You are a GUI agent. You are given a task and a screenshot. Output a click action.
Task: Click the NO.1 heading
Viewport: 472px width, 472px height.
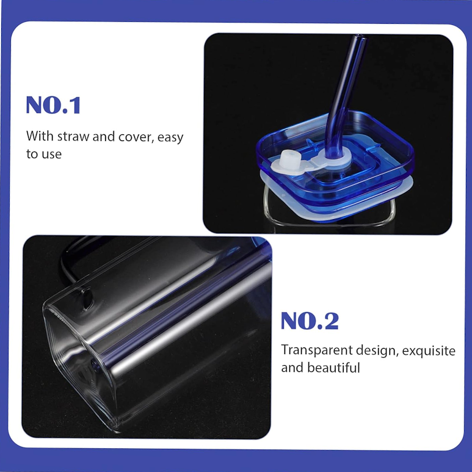[x=53, y=105]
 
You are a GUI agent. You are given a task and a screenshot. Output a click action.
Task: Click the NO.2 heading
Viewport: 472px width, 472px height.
[x=310, y=321]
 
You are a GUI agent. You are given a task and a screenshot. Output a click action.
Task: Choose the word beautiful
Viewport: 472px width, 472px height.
[x=333, y=368]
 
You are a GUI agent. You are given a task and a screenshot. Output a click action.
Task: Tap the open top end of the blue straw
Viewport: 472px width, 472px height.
[x=360, y=37]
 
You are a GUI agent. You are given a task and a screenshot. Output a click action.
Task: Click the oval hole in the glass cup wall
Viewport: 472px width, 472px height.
[x=87, y=299]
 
